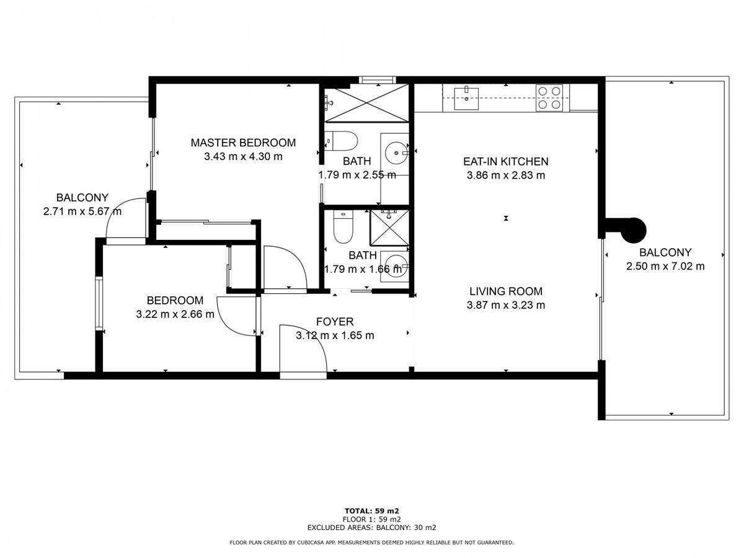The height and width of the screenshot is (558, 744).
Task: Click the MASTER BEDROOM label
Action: click(243, 143)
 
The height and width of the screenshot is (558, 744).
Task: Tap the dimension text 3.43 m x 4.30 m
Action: click(243, 156)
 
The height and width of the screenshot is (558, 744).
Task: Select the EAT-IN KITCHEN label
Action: click(506, 161)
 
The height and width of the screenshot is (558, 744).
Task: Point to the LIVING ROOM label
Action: click(506, 291)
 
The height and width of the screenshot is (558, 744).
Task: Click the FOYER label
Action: click(335, 321)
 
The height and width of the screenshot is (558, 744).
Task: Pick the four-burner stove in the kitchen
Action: click(549, 97)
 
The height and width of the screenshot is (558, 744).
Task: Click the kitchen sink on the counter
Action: click(466, 99)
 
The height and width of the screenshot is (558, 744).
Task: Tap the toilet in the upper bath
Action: click(341, 141)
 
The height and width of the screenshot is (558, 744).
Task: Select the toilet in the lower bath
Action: click(343, 226)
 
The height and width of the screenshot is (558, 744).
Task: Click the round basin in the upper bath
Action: click(397, 153)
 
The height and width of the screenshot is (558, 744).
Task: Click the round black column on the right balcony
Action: click(634, 231)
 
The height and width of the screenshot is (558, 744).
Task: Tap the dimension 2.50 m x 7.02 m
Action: click(665, 267)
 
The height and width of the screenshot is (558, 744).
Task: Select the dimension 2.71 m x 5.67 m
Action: click(82, 211)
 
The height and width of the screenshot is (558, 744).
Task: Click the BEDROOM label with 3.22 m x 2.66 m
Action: click(175, 300)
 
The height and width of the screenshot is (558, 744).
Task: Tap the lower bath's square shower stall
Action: click(389, 228)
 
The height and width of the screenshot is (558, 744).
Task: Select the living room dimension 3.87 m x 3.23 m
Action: click(506, 305)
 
